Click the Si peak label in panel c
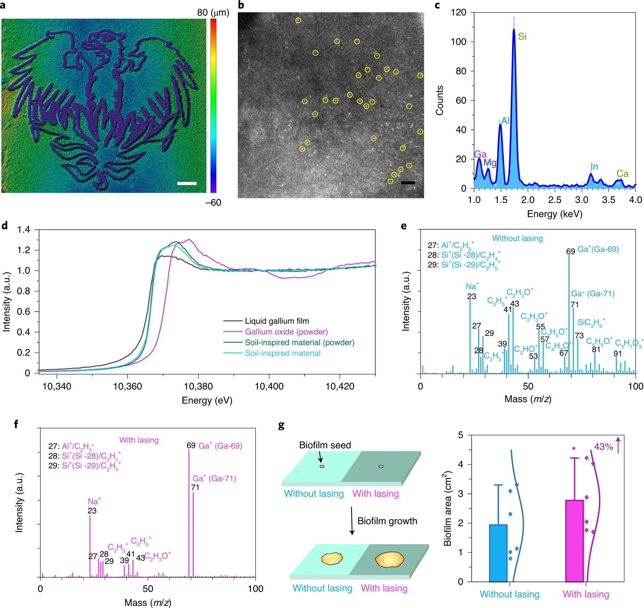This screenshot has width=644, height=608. [x=522, y=36]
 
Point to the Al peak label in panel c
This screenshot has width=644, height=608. [x=505, y=121]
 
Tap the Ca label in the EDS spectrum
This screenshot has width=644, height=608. [x=622, y=173]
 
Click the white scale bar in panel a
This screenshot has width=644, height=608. [x=187, y=183]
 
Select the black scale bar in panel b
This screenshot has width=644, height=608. [x=408, y=183]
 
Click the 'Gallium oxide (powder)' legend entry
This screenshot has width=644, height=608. [x=286, y=332]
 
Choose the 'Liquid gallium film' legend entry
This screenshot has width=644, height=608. [x=277, y=321]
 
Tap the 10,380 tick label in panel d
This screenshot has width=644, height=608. [x=198, y=386]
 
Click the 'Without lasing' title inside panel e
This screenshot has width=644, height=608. [x=517, y=238]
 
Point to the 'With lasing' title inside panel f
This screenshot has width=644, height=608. [x=139, y=440]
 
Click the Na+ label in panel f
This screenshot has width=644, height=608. [x=94, y=501]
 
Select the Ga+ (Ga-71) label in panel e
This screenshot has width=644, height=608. [x=593, y=294]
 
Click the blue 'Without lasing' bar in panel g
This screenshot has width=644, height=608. [x=498, y=553]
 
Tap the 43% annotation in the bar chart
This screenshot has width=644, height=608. [x=603, y=447]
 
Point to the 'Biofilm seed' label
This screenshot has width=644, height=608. [x=325, y=445]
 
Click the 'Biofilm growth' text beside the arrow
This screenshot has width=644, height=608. [x=387, y=521]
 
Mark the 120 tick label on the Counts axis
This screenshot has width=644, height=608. [x=458, y=12]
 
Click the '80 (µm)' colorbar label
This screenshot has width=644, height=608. [x=213, y=13]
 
